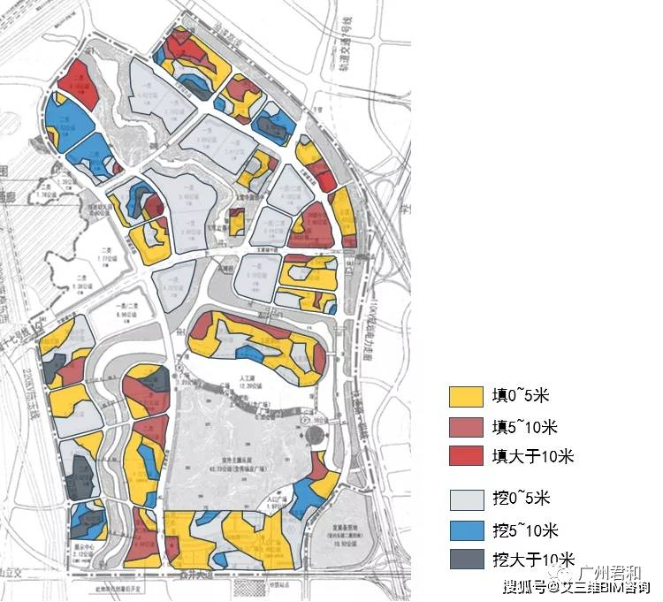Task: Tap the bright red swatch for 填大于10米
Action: tap(465, 456)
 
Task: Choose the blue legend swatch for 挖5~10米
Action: tap(465, 530)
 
